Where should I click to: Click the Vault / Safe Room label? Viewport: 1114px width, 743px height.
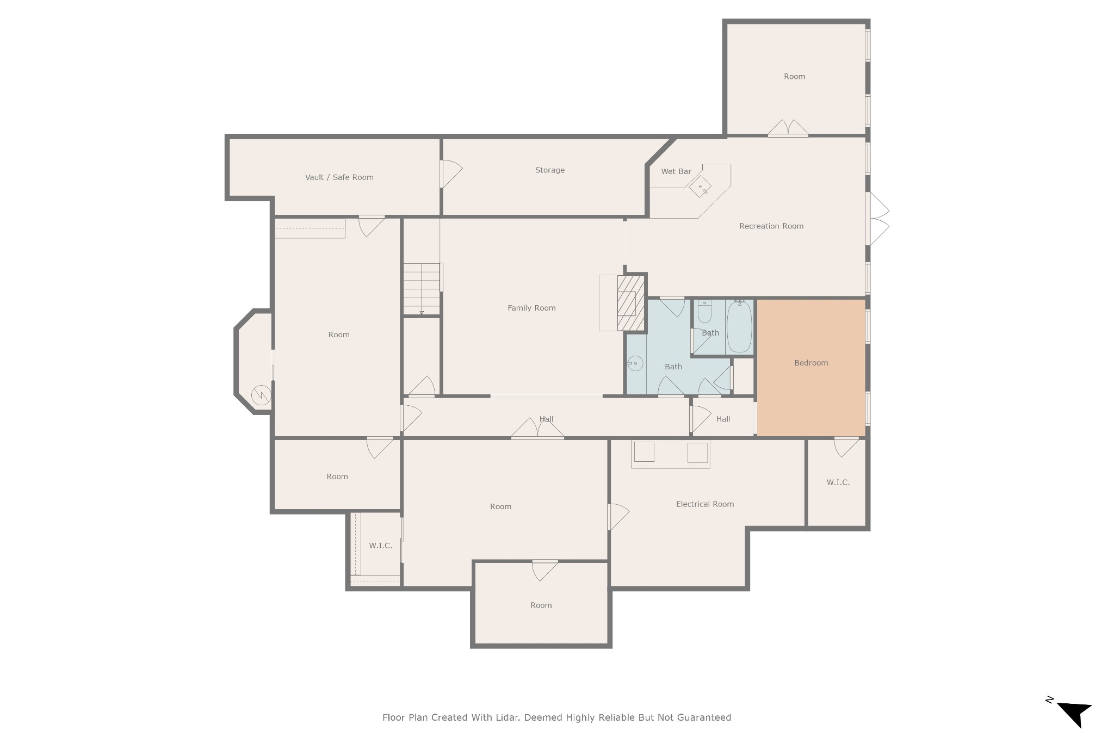pos(339,177)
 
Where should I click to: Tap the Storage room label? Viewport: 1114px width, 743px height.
pos(550,170)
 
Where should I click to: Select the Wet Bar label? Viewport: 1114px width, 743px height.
pos(676,171)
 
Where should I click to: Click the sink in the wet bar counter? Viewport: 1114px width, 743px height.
pos(701,188)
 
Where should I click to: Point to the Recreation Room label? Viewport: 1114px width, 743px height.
pos(771,226)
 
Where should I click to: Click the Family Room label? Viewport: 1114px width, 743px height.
pos(531,308)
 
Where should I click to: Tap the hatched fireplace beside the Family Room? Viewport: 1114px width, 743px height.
pos(631,303)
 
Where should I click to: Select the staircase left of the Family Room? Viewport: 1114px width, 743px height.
pos(422,289)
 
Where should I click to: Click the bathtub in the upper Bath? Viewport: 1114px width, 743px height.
pos(739,326)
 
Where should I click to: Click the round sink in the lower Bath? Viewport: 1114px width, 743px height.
pos(635,363)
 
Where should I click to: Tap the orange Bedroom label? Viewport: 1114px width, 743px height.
pos(811,363)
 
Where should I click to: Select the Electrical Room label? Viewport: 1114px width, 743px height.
pos(705,504)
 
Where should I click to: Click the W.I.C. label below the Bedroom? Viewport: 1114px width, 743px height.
pos(838,482)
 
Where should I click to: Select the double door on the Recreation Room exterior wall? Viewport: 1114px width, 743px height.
pos(877,219)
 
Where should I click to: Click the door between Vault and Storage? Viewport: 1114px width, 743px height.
pos(450,174)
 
